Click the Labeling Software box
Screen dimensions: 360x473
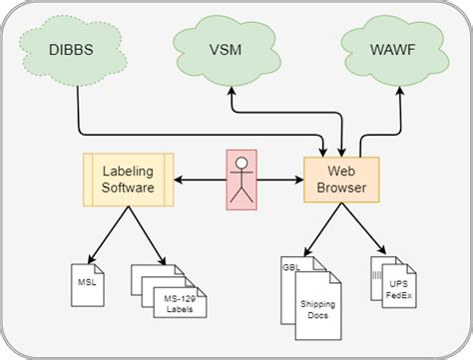pos(128,179)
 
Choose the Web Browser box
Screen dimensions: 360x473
pos(342,179)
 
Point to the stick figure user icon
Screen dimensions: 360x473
pos(240,179)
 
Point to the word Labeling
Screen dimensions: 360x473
pos(129,171)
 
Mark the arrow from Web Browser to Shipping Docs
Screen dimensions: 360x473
pos(321,229)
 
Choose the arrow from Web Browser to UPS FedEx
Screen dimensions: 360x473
pos(365,229)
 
